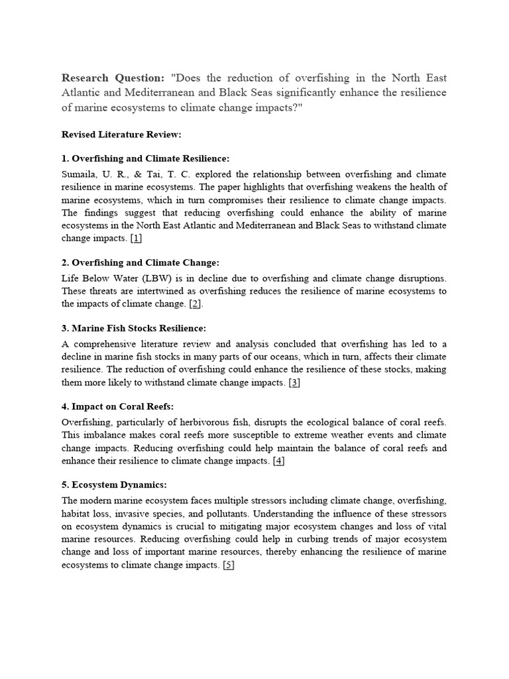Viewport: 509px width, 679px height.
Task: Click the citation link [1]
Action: point(137,237)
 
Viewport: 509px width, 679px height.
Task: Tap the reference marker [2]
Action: point(195,304)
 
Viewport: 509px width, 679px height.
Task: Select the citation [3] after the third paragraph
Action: point(295,383)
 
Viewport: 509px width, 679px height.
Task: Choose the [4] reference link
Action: point(279,461)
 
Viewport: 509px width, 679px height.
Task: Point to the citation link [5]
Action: point(229,565)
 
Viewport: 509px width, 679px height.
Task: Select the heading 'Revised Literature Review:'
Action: point(121,135)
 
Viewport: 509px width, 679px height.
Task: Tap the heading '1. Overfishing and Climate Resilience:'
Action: point(145,159)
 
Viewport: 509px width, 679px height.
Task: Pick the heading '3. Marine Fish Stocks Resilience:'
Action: point(134,329)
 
